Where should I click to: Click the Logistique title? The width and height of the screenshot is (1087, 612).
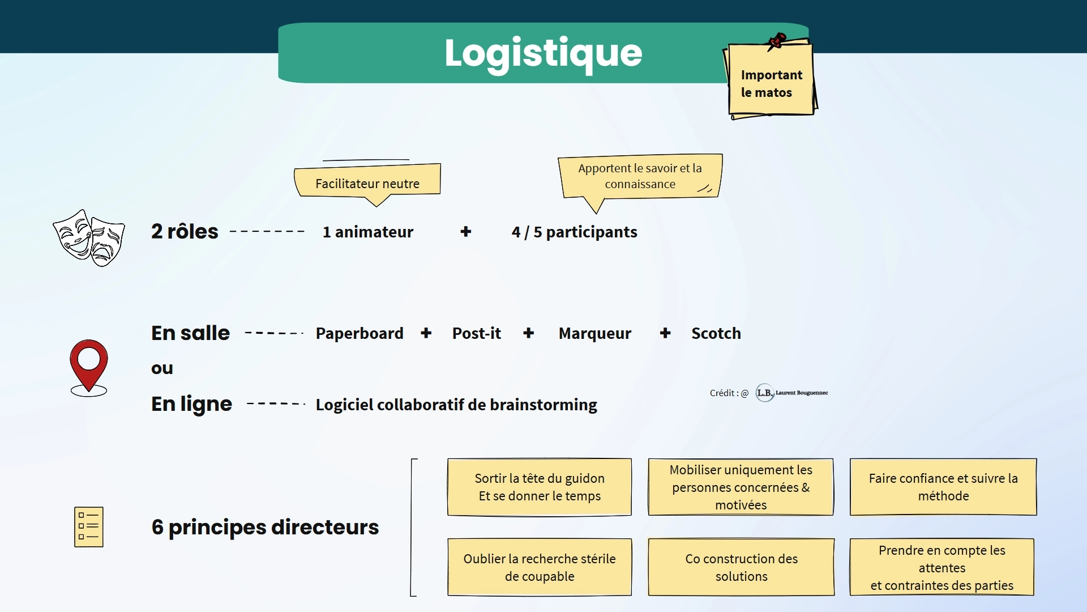click(543, 53)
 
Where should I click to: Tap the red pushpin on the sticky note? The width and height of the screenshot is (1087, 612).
click(777, 41)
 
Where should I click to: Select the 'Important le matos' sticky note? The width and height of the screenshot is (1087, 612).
click(771, 83)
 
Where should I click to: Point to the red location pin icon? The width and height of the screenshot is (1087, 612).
click(89, 365)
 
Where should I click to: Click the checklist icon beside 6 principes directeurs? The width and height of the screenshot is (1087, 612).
click(89, 526)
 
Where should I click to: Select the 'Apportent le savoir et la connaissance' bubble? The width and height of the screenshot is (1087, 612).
click(640, 176)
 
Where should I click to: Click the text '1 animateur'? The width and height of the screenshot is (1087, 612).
click(368, 232)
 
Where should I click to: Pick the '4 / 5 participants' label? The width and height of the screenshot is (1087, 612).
click(574, 232)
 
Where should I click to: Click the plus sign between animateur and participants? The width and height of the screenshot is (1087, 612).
click(466, 231)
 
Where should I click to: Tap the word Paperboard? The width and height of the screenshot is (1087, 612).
click(360, 333)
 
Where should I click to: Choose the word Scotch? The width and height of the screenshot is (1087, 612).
click(716, 333)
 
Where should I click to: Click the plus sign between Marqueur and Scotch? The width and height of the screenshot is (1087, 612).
click(665, 333)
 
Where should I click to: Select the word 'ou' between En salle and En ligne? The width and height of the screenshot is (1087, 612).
click(162, 368)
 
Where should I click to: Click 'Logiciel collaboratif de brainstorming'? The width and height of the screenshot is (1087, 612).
click(456, 405)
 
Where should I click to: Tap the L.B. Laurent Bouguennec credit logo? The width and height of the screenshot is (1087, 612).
click(791, 393)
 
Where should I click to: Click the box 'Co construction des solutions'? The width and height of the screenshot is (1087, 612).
click(741, 567)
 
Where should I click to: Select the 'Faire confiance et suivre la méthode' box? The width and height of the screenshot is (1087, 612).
click(943, 487)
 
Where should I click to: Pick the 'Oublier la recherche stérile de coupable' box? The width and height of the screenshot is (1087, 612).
click(540, 567)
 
